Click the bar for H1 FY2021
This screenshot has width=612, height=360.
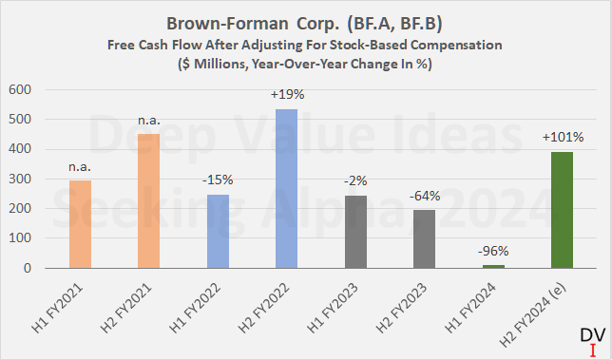pos(83,225)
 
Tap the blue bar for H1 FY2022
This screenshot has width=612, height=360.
pos(218,232)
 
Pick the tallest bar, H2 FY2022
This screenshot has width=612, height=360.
pos(285,189)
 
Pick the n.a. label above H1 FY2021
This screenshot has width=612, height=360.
pos(83,168)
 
